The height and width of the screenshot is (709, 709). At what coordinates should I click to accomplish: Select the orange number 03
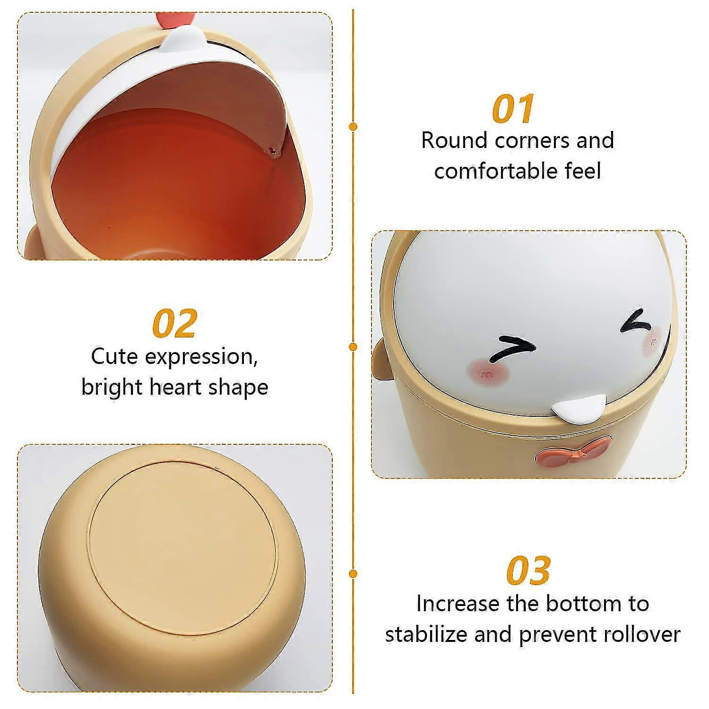[x=528, y=571]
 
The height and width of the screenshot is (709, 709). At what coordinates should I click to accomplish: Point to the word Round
[x=454, y=140]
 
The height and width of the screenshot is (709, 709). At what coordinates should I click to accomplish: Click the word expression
[x=201, y=356]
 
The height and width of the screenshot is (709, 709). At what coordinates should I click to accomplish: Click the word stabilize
[x=426, y=634]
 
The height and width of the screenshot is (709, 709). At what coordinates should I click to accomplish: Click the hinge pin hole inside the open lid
[x=271, y=150]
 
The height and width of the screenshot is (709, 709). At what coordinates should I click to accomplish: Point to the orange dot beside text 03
[x=353, y=573]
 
